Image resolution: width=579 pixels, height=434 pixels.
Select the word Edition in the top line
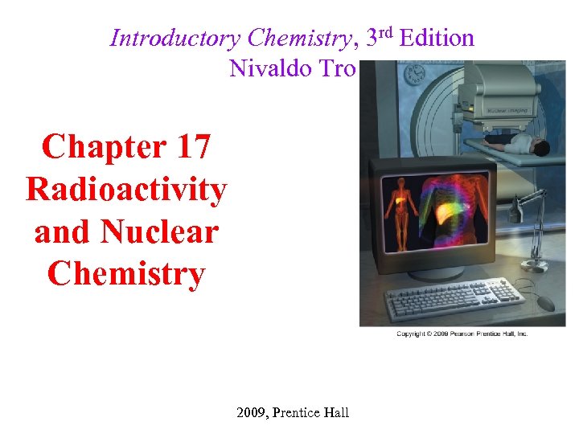[436, 38]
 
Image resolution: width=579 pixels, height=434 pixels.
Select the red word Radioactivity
[126, 190]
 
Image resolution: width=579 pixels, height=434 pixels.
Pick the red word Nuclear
[159, 232]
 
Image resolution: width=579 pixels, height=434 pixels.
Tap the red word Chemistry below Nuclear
[126, 274]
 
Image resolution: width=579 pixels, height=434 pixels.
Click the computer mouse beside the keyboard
[545, 302]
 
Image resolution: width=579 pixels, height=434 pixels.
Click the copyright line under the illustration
[462, 334]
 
